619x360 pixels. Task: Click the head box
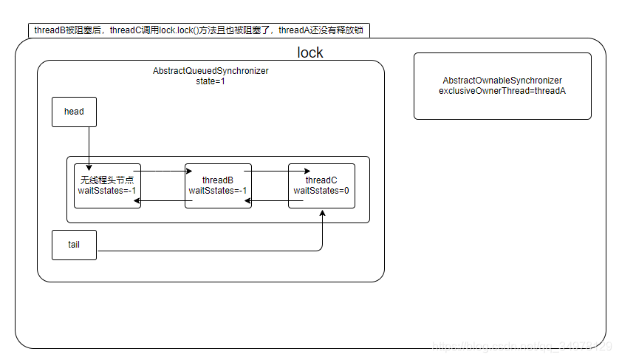74,112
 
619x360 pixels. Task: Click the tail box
74,245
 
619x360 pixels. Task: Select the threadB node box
218,186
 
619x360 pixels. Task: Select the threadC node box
321,186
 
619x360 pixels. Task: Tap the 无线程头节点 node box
107,186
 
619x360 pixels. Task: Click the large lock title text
310,52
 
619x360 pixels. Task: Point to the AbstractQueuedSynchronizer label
211,71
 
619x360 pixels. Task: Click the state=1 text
211,81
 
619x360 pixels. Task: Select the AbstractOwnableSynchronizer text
502,80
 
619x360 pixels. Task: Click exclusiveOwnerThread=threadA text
502,90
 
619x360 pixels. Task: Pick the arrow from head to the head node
89,148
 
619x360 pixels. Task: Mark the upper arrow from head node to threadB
163,171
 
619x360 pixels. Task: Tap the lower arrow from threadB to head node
163,200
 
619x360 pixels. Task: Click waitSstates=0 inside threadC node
321,191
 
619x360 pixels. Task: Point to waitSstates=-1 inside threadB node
218,191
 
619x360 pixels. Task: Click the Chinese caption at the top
199,30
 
